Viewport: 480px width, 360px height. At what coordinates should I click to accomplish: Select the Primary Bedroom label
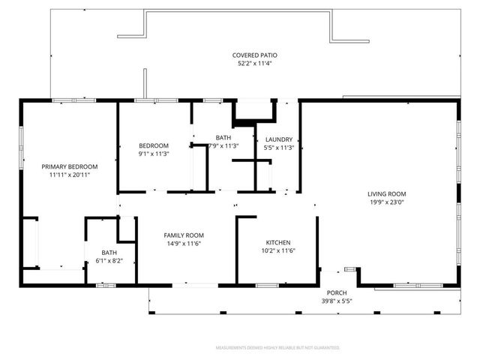[69, 166]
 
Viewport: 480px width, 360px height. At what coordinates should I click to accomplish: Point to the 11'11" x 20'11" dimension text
[69, 175]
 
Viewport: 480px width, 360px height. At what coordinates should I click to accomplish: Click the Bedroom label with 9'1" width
[153, 145]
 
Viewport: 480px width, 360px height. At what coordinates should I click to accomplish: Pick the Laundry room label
[279, 139]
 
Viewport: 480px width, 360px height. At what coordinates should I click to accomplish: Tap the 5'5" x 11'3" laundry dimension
[279, 147]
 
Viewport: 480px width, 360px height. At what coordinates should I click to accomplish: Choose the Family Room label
[183, 235]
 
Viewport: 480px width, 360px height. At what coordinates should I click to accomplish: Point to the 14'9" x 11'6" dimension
[183, 244]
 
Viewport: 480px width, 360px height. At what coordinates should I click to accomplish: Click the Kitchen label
[277, 243]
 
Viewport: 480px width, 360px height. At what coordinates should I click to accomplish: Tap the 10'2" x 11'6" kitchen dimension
[277, 251]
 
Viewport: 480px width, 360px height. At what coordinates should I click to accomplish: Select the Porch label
[334, 292]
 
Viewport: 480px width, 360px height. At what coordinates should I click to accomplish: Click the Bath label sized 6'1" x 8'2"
[109, 253]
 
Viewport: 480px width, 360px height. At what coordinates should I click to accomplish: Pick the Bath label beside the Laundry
[223, 137]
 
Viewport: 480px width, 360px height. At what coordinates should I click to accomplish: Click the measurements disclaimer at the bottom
[277, 348]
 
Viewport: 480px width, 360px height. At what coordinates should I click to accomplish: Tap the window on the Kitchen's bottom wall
[267, 285]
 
